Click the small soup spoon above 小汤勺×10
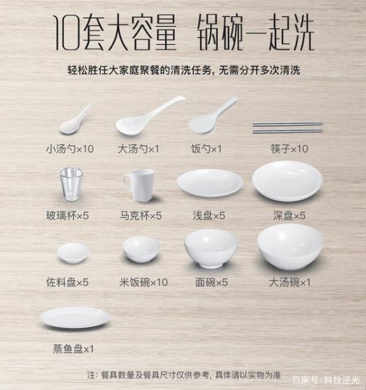pyautogui.click(x=72, y=122)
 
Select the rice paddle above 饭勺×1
pyautogui.click(x=206, y=122)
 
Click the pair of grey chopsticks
pyautogui.click(x=288, y=128)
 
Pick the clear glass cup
pyautogui.click(x=71, y=184)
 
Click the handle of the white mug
pyautogui.click(x=126, y=183)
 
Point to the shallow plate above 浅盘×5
pyautogui.click(x=210, y=183)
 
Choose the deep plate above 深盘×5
pyautogui.click(x=287, y=181)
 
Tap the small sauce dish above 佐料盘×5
pyautogui.click(x=73, y=253)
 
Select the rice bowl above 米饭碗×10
pyautogui.click(x=141, y=250)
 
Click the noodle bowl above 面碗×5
pyautogui.click(x=211, y=249)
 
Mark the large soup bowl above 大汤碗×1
pyautogui.click(x=290, y=247)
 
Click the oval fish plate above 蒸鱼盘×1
pyautogui.click(x=76, y=318)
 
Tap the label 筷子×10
pyautogui.click(x=289, y=149)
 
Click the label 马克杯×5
pyautogui.click(x=140, y=215)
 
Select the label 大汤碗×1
pyautogui.click(x=290, y=283)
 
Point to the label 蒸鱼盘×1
pyautogui.click(x=73, y=348)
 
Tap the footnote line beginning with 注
pyautogui.click(x=184, y=375)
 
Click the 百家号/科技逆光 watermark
pyautogui.click(x=326, y=380)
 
